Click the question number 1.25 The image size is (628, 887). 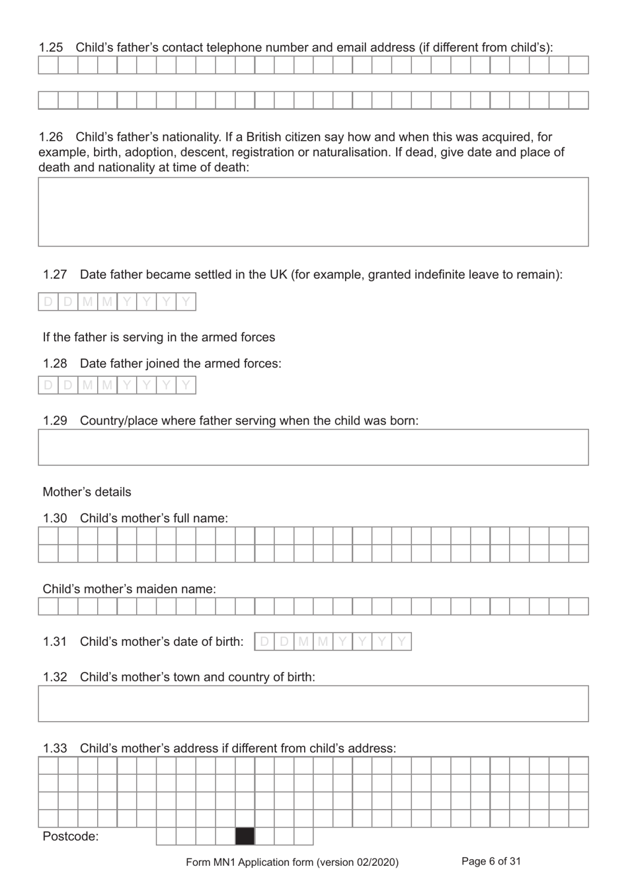point(51,48)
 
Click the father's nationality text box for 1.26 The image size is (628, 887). point(313,212)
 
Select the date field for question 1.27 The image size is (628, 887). point(117,302)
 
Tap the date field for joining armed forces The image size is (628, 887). point(117,385)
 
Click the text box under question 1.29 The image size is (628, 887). point(313,447)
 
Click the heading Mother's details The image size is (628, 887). point(87,492)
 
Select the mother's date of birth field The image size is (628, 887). point(333,642)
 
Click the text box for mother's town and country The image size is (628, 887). point(313,703)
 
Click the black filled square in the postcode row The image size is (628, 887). point(245,836)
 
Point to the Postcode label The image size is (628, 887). point(70,837)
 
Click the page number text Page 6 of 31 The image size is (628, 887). point(491,861)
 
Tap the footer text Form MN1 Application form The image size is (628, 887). point(292,862)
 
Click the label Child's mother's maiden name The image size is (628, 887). point(129,589)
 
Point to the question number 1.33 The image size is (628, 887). point(55,748)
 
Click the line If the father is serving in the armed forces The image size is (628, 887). point(159,337)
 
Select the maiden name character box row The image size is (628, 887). point(313,607)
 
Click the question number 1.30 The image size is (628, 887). point(55,518)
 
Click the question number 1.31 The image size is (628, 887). point(55,642)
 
